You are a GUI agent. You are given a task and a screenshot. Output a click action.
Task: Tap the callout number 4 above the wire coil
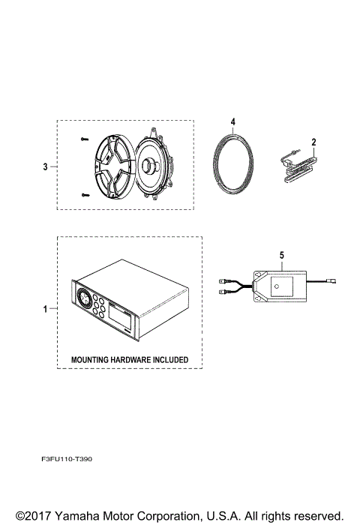coord(233,121)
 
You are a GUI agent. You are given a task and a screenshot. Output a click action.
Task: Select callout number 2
coord(313,141)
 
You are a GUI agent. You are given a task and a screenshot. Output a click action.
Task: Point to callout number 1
coord(46,308)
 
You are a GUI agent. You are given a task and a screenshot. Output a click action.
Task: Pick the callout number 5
coord(281,255)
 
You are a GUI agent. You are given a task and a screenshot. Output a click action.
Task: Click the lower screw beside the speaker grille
coord(83,195)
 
